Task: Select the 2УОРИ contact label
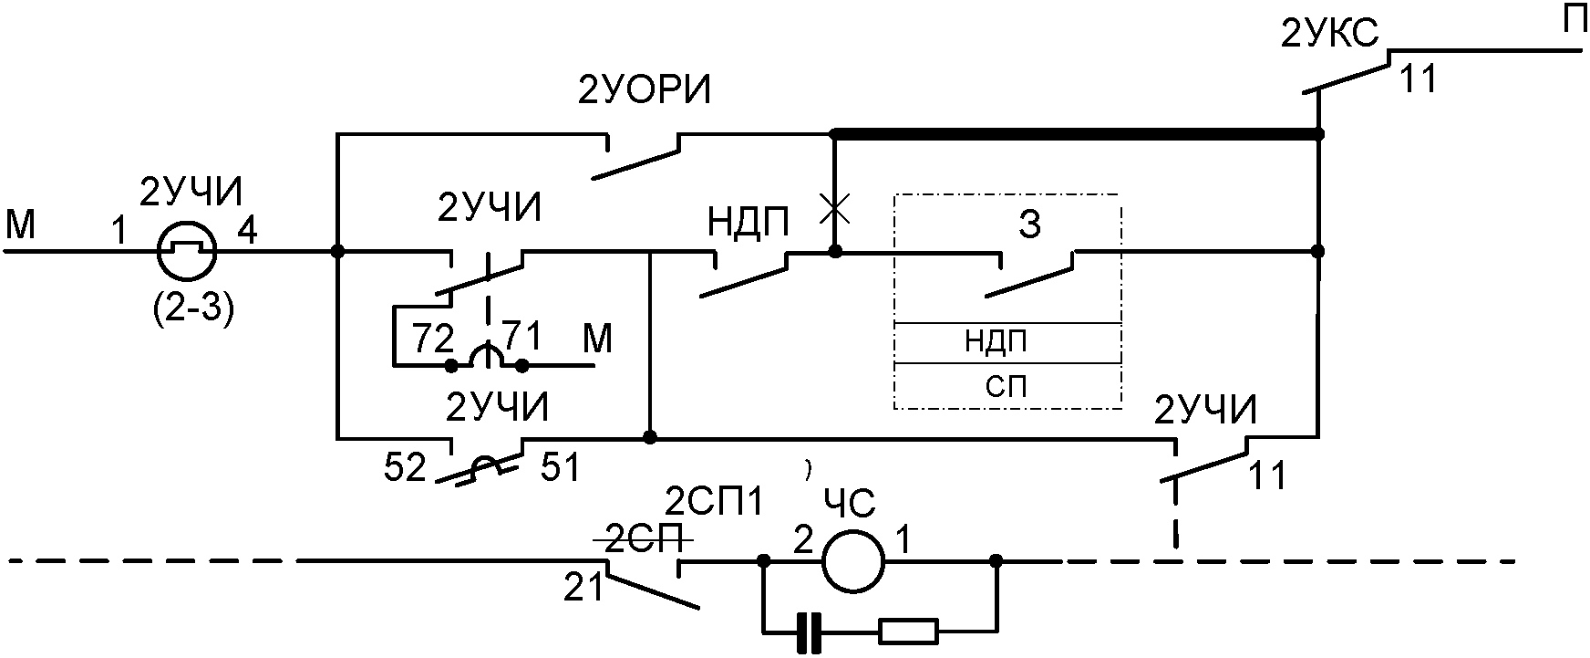644,92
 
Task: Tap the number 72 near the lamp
432,339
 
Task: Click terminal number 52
405,468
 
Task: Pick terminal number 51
562,467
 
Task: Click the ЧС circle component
853,559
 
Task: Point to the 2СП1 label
715,503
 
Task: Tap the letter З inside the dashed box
1029,225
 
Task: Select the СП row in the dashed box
1007,387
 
